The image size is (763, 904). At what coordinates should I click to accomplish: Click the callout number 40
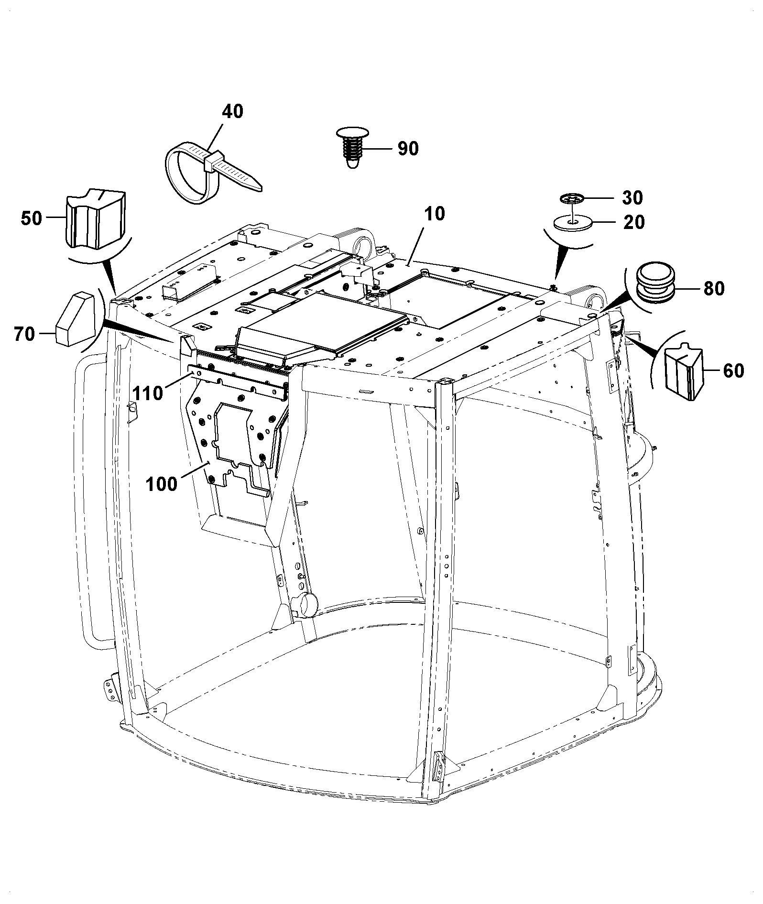click(232, 111)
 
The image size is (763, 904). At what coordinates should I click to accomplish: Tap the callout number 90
click(408, 149)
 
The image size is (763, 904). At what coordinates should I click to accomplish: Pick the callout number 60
click(733, 370)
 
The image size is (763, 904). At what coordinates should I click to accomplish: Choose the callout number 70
click(24, 334)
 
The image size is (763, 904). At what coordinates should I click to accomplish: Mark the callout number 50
click(32, 218)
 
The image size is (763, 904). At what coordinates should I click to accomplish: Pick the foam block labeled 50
click(95, 218)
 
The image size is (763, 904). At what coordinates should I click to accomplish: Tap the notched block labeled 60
click(684, 370)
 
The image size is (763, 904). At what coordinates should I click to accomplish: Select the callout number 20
click(634, 222)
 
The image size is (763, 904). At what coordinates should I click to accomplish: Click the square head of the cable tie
click(214, 162)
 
